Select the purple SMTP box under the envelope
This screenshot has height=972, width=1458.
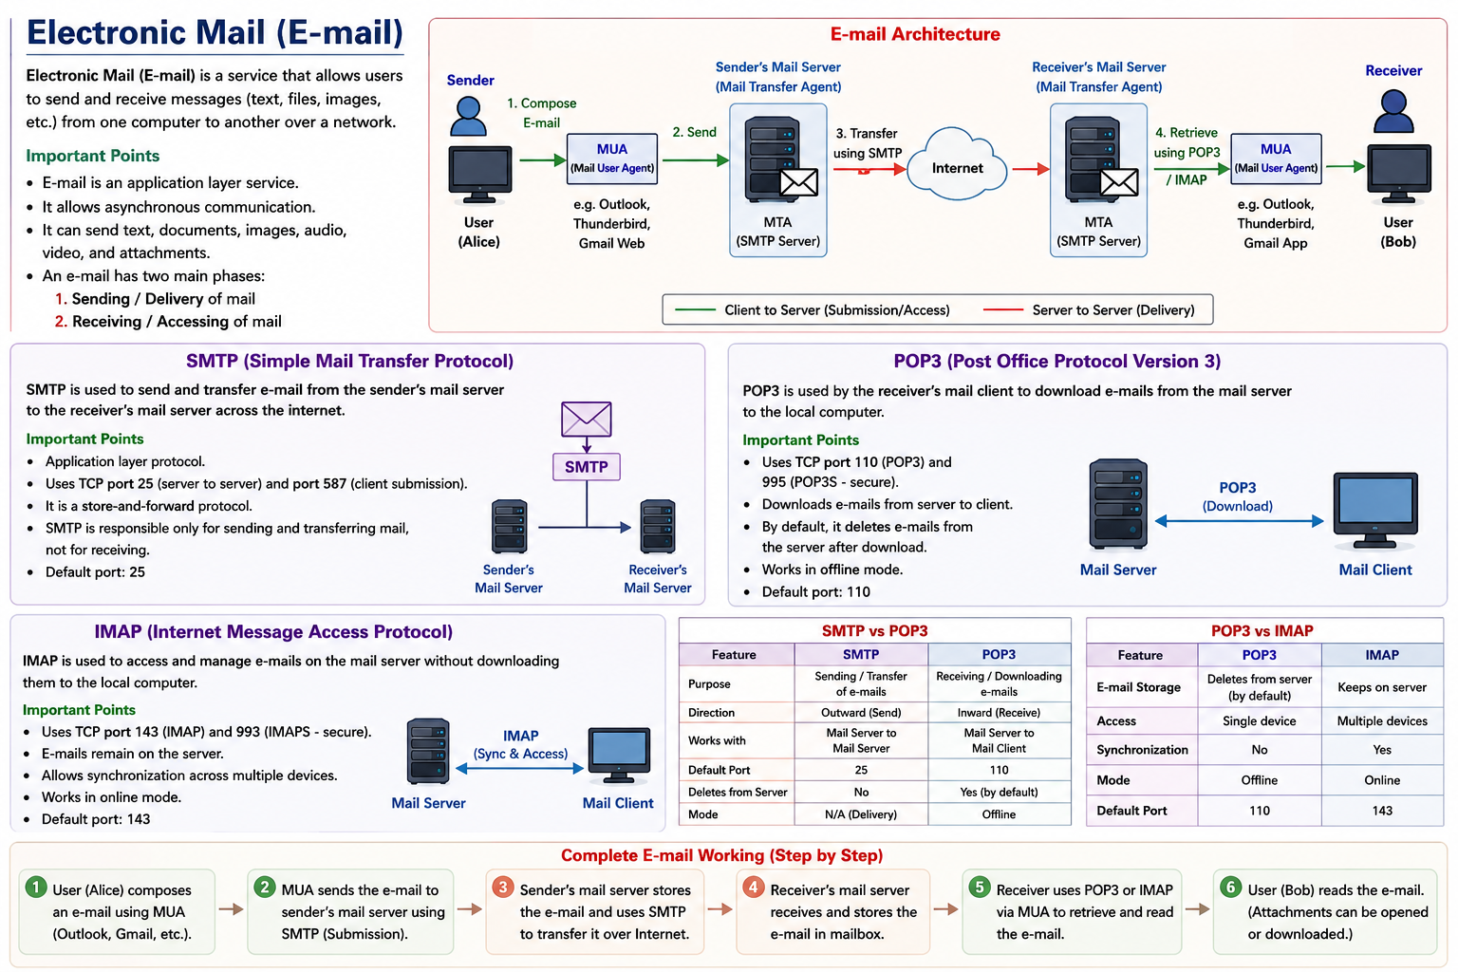587,467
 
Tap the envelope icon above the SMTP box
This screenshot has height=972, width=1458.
587,419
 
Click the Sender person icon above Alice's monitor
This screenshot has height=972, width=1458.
468,116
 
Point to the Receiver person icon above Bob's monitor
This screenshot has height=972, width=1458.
1393,111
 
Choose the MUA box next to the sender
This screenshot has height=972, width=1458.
612,159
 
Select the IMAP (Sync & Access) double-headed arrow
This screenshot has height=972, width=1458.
519,769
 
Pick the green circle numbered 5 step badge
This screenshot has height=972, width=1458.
979,888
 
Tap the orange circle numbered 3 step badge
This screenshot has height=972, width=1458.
502,888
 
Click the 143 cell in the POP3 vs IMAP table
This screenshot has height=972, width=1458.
1382,811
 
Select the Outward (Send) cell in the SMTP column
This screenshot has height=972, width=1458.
861,712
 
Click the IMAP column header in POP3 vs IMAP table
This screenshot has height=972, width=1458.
1382,655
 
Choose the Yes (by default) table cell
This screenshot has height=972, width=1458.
999,792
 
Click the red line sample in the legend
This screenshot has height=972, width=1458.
1003,309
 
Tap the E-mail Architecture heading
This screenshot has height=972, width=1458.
914,34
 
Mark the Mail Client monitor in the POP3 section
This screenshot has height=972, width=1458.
1374,512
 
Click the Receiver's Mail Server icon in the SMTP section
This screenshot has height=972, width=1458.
658,526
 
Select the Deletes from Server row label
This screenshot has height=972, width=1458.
738,793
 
